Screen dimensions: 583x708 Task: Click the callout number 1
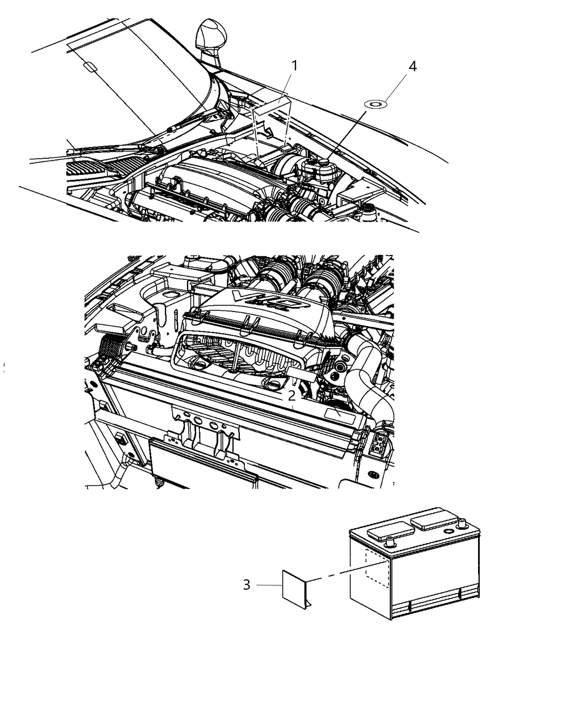[x=294, y=66]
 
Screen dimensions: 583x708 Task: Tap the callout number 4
[x=413, y=67]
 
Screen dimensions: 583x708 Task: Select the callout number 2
[x=291, y=396]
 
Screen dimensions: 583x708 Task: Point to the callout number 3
[x=247, y=585]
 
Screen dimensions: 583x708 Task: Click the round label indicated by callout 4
[x=376, y=104]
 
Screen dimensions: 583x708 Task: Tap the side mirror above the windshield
[x=211, y=41]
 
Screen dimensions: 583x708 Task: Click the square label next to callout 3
[x=294, y=590]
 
